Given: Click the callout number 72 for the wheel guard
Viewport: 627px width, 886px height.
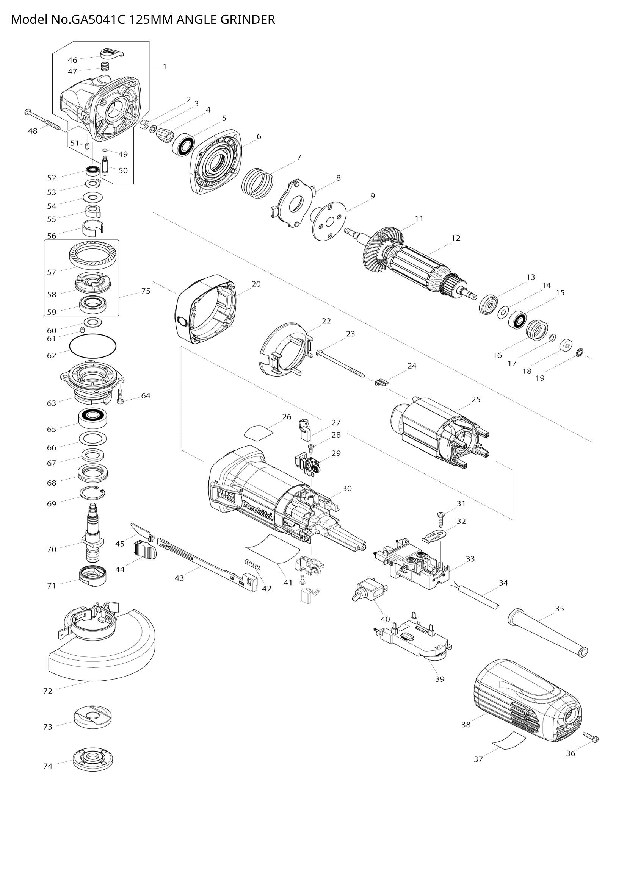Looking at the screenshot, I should [47, 691].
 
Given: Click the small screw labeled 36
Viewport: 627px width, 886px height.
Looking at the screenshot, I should [591, 738].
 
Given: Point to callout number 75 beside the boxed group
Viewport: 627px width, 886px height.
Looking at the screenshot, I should [146, 291].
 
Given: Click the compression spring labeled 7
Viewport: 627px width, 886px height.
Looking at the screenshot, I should [257, 182].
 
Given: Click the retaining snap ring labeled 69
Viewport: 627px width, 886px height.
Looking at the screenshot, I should [92, 493].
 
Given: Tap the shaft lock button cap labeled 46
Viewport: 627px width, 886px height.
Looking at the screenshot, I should [111, 53].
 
